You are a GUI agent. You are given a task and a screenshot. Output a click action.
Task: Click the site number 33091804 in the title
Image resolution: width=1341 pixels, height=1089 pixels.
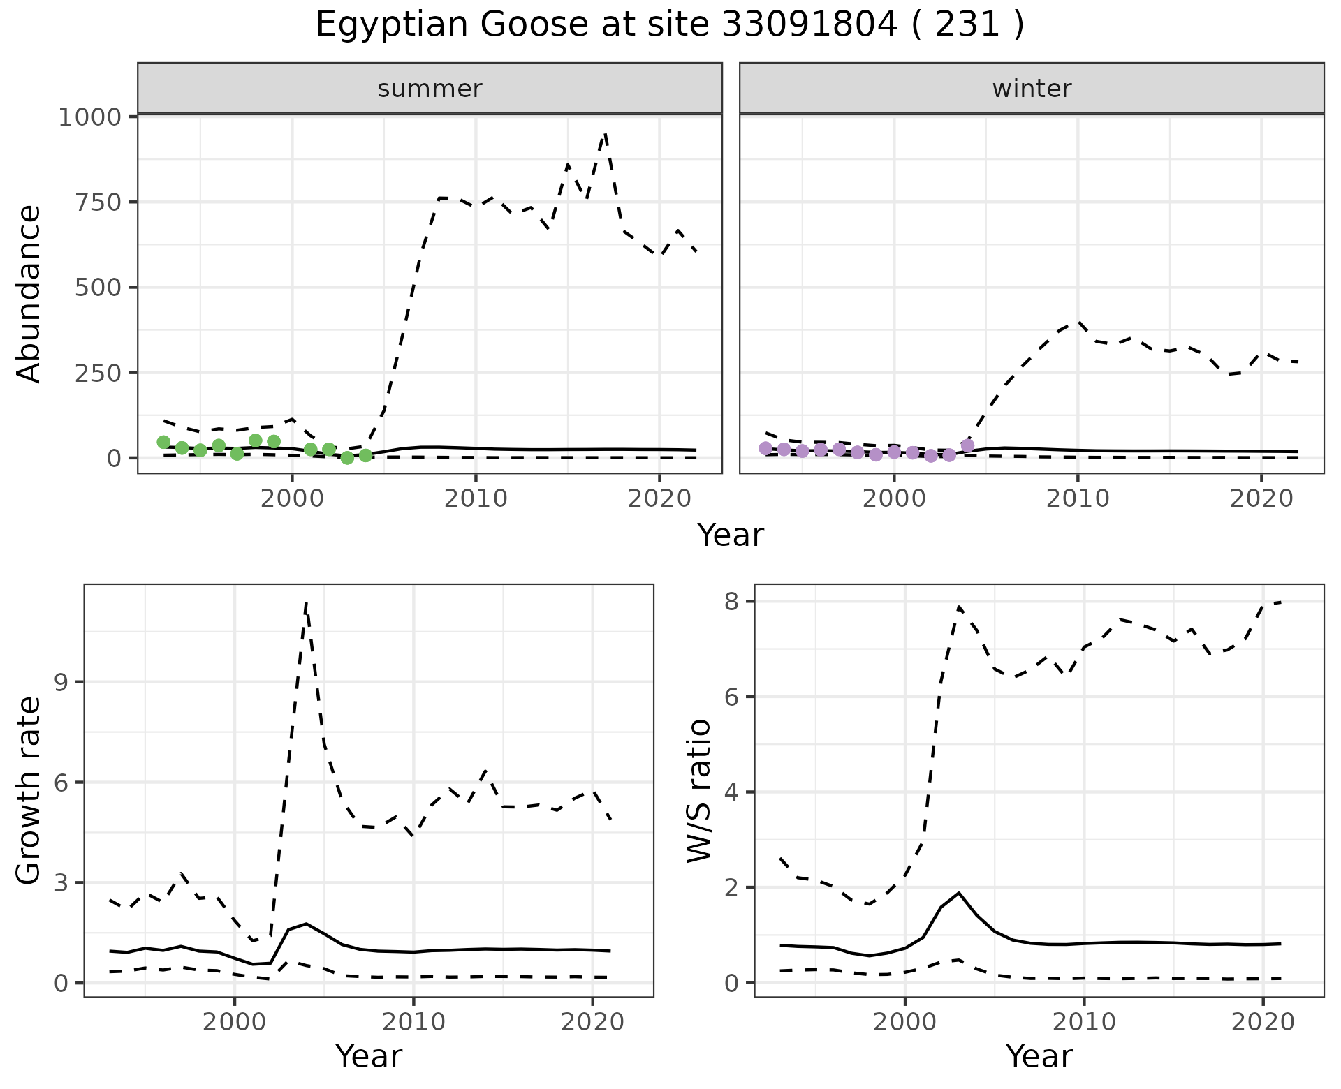coord(808,25)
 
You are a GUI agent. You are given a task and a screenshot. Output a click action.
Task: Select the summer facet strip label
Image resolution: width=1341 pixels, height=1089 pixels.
coord(430,89)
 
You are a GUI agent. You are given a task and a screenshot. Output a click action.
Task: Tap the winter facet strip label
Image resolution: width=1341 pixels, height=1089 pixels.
coord(1032,89)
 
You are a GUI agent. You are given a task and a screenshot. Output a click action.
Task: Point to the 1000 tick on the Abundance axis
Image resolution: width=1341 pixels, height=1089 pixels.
coord(89,117)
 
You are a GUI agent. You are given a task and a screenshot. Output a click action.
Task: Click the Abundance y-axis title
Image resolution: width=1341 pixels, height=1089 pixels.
coord(29,293)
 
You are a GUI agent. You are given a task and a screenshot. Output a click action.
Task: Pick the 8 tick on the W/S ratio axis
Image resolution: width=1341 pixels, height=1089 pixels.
coord(732,602)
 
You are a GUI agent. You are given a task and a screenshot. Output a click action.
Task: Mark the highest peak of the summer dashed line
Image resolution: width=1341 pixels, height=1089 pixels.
coord(606,133)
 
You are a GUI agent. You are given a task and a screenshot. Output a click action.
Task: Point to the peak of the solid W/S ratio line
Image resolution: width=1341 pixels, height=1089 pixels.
coord(959,893)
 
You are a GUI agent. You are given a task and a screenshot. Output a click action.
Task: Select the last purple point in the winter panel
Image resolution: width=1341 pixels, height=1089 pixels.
coord(967,445)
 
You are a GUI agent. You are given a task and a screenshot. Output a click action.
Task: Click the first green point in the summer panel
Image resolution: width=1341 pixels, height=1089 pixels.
coord(163,442)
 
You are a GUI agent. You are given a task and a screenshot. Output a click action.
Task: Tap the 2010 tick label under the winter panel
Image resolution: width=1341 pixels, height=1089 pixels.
coord(1077,498)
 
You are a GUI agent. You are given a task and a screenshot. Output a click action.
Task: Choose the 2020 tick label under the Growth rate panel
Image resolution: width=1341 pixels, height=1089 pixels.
coord(592,1023)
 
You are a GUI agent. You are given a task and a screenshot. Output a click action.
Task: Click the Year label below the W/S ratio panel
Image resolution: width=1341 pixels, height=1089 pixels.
coord(1039,1057)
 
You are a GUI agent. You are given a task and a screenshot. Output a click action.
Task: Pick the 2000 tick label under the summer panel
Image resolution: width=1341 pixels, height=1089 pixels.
coord(292,498)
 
